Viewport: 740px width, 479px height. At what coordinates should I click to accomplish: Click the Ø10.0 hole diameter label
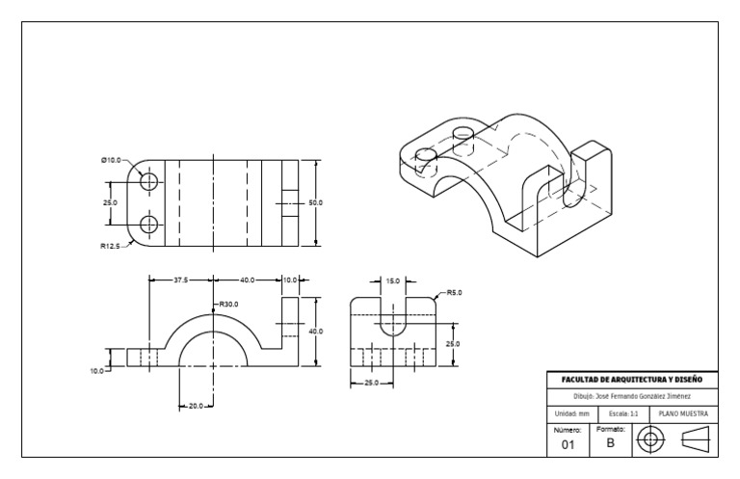point(111,160)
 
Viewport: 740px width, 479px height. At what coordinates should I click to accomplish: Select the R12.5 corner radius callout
point(112,246)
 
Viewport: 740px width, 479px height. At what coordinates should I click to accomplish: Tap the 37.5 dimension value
point(180,279)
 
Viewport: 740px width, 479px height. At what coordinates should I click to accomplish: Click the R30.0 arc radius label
point(227,305)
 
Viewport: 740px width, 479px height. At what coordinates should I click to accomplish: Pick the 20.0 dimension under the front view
point(196,406)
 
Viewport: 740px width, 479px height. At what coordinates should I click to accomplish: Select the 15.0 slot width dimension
point(392,281)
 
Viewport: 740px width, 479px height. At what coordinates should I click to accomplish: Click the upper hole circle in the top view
point(148,181)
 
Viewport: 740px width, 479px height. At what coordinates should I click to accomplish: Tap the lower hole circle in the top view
point(148,225)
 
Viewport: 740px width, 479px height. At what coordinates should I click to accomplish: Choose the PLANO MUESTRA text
point(682,412)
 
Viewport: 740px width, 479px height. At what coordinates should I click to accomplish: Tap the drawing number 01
point(568,444)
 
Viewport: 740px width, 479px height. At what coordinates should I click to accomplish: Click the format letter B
point(610,442)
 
